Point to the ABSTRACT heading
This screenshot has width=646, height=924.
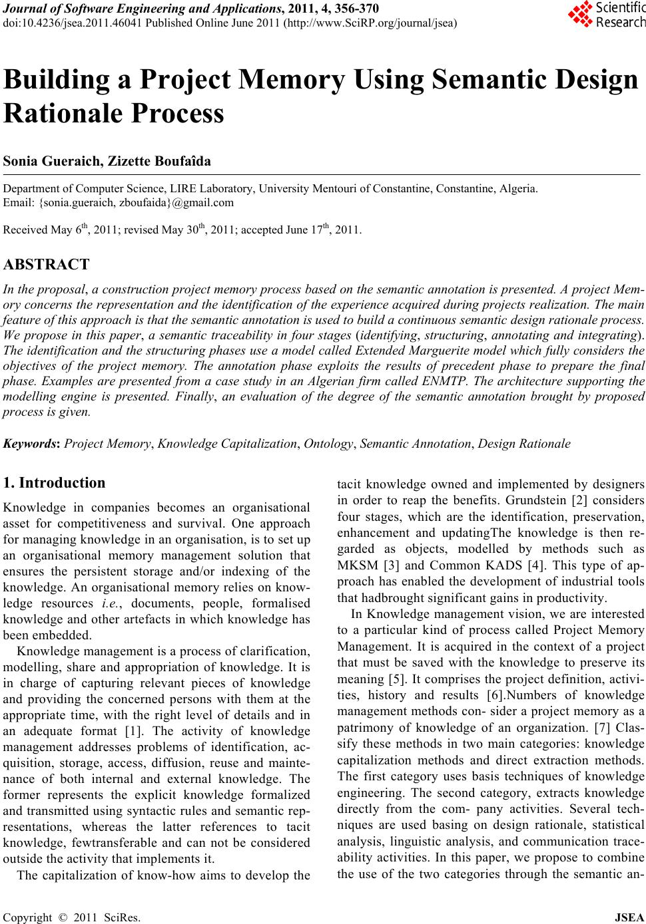coord(46,265)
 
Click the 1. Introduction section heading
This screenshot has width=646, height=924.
coord(54,483)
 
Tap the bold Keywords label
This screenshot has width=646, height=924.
coord(31,444)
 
